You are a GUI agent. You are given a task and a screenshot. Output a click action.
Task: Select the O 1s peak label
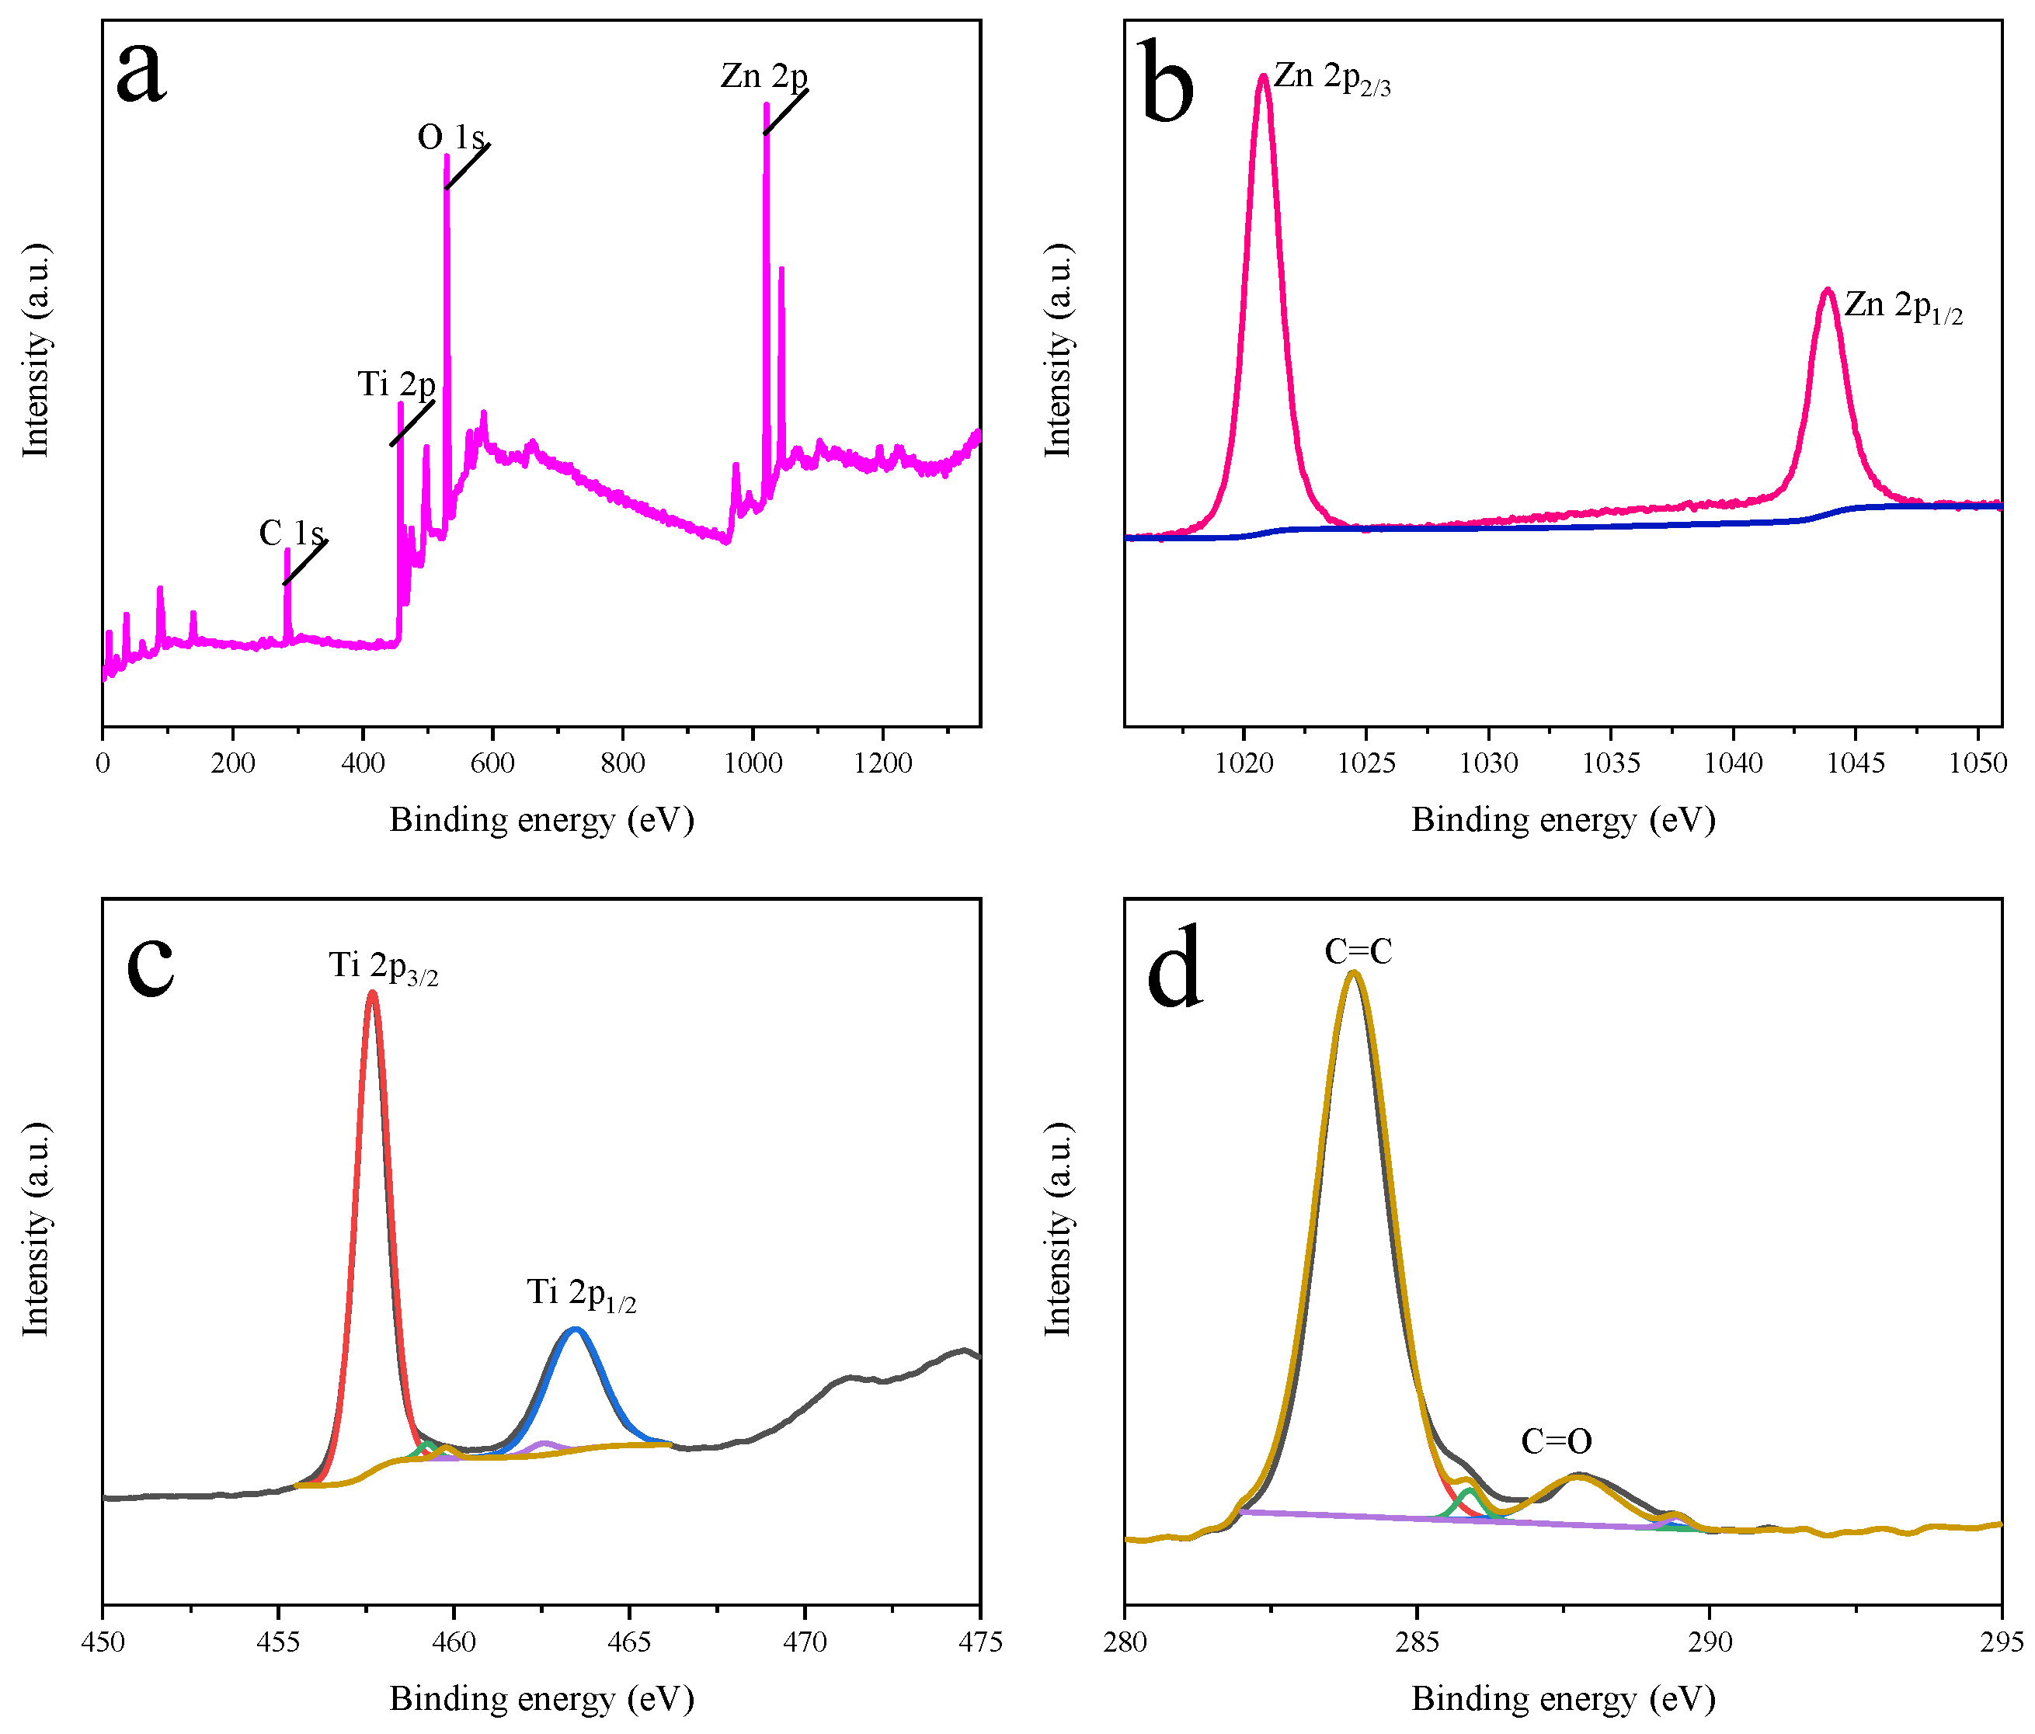click(x=450, y=137)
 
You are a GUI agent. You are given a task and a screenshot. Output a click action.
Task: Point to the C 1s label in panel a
click(x=290, y=533)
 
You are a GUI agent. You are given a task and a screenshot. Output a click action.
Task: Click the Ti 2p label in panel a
click(x=396, y=384)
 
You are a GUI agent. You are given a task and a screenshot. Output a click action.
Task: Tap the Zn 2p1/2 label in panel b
click(x=1902, y=307)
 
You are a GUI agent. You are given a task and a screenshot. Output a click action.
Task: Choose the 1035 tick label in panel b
click(x=1611, y=763)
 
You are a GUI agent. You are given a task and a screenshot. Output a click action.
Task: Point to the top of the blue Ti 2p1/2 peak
click(x=576, y=1329)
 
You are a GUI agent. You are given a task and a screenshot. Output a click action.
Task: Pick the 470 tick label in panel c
click(x=805, y=1642)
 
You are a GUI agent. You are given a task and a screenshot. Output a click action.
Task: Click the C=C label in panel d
click(x=1358, y=951)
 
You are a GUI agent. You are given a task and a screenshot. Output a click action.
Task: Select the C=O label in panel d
click(x=1556, y=1441)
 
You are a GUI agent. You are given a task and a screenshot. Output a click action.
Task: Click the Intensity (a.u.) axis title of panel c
click(x=37, y=1228)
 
